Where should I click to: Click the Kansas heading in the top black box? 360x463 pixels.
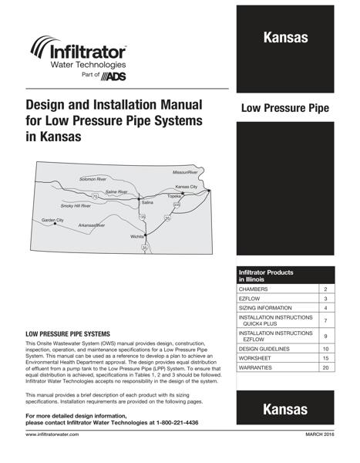click(285, 38)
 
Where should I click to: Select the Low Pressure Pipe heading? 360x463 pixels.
click(284, 109)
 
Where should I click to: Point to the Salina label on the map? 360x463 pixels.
click(146, 202)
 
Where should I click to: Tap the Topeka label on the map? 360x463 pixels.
click(173, 197)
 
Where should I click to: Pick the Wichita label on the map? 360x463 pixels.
click(137, 236)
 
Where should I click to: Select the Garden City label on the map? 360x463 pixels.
click(53, 220)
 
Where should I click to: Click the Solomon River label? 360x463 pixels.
click(93, 179)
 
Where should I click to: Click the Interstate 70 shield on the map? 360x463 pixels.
click(95, 197)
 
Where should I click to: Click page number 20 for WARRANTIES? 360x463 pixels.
click(326, 368)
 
